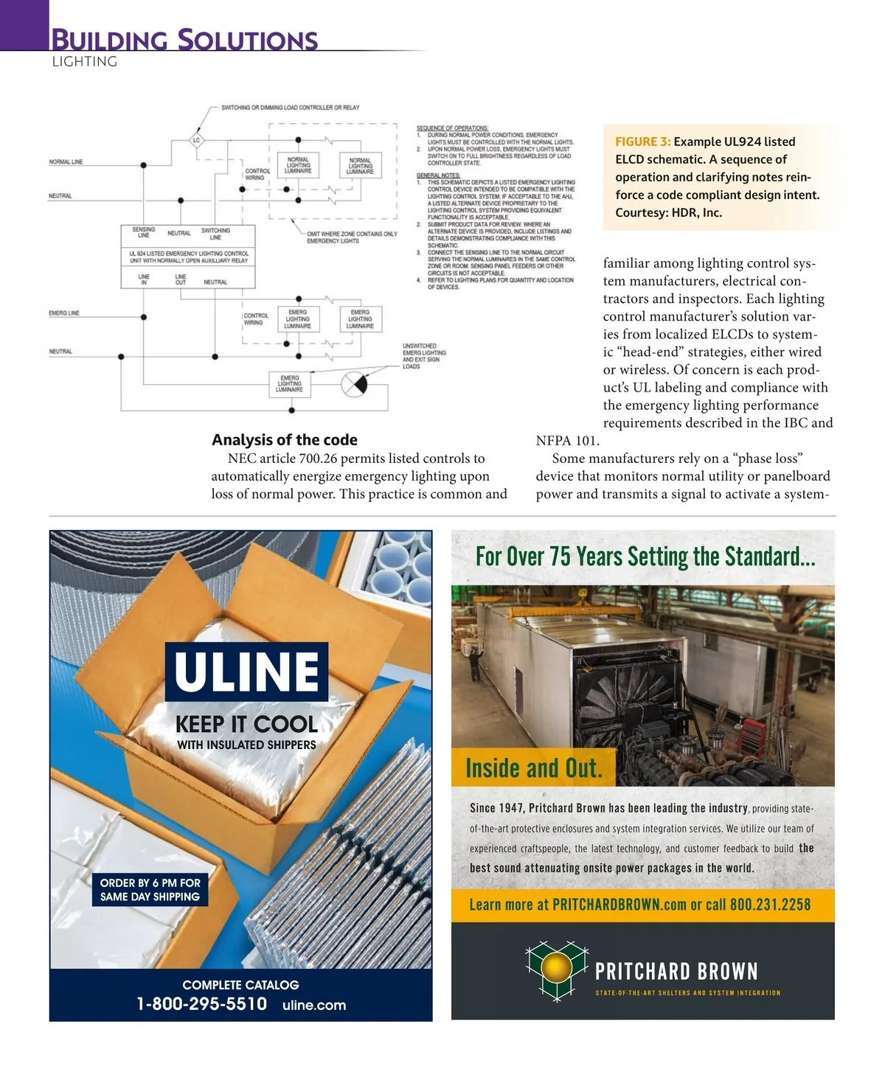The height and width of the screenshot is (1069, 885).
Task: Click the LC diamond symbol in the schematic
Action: (x=196, y=140)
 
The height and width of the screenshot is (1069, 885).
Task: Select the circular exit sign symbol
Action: (x=354, y=384)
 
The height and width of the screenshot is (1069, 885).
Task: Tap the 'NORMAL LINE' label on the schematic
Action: (x=66, y=162)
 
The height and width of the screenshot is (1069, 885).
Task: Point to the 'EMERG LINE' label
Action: (x=63, y=313)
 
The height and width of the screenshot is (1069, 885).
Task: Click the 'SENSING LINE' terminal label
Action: (x=144, y=233)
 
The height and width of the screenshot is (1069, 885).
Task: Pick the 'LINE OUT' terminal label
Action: (x=181, y=280)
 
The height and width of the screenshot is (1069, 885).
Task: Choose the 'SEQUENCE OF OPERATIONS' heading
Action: (x=452, y=128)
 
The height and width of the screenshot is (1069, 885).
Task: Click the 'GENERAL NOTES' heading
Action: (x=438, y=175)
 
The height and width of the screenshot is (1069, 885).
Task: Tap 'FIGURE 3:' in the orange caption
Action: (x=642, y=142)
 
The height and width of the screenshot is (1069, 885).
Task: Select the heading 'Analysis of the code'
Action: (x=285, y=440)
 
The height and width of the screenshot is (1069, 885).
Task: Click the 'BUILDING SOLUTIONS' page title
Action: (x=184, y=40)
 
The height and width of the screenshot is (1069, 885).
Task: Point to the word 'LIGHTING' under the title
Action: (x=84, y=62)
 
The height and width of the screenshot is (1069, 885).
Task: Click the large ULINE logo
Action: (x=246, y=672)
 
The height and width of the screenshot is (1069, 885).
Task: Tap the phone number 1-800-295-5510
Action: (x=201, y=1004)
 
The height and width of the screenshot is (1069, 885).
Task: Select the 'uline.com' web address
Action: (x=314, y=1005)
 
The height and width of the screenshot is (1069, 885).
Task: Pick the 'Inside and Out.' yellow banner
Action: (x=533, y=768)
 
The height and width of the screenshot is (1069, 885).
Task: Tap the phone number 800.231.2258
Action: (x=770, y=905)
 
